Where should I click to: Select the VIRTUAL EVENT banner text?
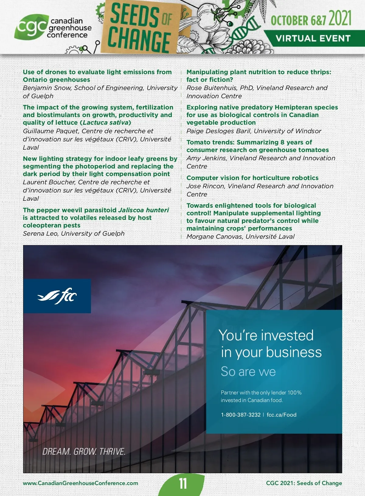tap(313, 39)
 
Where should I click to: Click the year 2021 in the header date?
tap(340, 19)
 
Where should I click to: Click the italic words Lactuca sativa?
tap(105, 123)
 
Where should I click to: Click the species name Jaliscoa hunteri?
tap(143, 210)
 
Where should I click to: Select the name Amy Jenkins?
tap(206, 158)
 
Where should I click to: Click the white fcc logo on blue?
tap(57, 296)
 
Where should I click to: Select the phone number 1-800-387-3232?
tap(241, 415)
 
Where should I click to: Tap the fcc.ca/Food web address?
tap(281, 415)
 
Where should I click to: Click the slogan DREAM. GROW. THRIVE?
tap(84, 452)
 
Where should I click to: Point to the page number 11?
tap(183, 484)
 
